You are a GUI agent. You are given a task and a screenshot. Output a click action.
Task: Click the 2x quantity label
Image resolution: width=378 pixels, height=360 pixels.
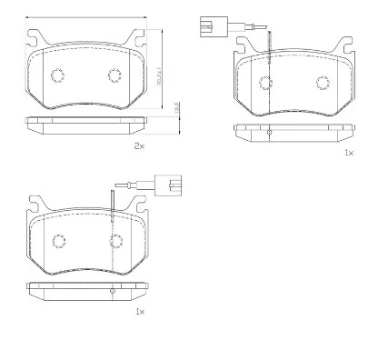click(x=139, y=145)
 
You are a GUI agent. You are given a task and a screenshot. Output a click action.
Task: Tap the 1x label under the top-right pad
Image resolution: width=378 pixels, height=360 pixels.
click(x=348, y=154)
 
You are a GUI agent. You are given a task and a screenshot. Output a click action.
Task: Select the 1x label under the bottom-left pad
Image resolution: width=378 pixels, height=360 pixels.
click(x=139, y=311)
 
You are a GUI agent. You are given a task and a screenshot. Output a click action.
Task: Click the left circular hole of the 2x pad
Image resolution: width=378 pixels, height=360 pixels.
click(x=57, y=75)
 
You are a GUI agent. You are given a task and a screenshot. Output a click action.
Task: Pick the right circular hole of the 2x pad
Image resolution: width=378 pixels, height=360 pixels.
click(x=115, y=75)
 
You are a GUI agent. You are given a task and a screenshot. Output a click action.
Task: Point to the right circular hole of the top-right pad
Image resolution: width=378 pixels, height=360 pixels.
click(x=323, y=83)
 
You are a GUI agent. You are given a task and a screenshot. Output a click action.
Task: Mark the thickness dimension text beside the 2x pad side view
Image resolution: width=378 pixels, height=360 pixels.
click(x=175, y=108)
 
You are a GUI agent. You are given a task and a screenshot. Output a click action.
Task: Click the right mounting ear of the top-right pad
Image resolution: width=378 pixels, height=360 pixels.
click(x=345, y=45)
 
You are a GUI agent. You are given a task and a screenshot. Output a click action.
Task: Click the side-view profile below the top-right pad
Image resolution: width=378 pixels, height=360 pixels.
click(x=293, y=130)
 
